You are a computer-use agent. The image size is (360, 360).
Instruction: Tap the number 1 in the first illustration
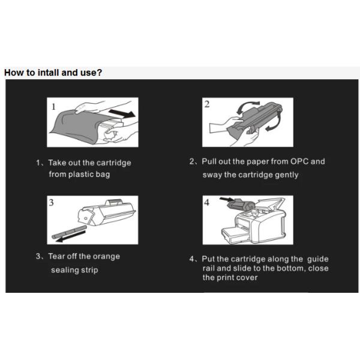pyautogui.click(x=54, y=107)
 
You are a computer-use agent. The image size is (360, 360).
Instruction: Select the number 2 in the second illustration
pyautogui.click(x=207, y=104)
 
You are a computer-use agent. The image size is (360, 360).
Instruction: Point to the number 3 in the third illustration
pyautogui.click(x=51, y=203)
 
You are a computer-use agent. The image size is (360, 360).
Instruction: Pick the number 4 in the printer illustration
pyautogui.click(x=207, y=203)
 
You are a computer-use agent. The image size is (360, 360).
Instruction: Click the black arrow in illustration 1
pyautogui.click(x=122, y=113)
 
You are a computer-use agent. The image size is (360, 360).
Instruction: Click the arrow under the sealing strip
pyautogui.click(x=70, y=237)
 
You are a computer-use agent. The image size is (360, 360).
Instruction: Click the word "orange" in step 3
pyautogui.click(x=106, y=256)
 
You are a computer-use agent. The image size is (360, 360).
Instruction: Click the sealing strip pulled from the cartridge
pyautogui.click(x=69, y=232)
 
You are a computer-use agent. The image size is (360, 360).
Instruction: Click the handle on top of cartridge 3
pyautogui.click(x=113, y=203)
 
